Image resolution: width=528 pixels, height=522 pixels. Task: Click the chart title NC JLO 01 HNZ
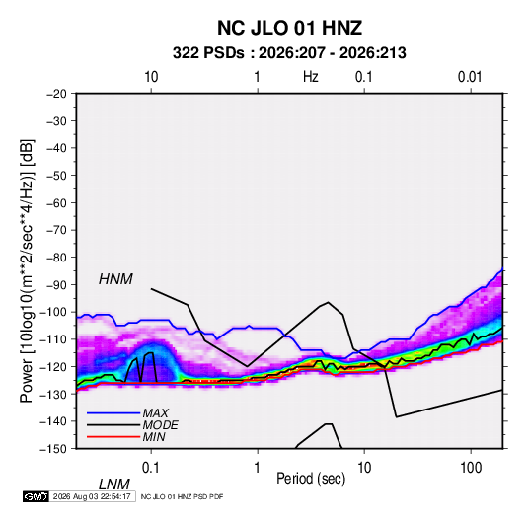coord(289,28)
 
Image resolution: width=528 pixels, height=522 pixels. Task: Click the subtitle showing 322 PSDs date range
coord(289,53)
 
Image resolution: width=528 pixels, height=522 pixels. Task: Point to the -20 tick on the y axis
coord(56,94)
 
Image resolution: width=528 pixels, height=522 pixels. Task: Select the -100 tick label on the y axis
coord(53,312)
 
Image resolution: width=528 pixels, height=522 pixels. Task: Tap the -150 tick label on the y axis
coord(53,449)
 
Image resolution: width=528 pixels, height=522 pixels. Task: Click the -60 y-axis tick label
coord(56,202)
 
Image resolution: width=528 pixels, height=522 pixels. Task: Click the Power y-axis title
coord(27,271)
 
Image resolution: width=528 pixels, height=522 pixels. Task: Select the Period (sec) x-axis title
coord(311,479)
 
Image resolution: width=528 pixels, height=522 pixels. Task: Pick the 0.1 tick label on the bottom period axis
coord(151,468)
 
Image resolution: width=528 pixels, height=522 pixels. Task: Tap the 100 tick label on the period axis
coord(471,468)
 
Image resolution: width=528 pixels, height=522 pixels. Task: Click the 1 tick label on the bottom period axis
coord(257,468)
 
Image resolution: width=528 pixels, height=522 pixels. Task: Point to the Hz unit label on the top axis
coord(311,77)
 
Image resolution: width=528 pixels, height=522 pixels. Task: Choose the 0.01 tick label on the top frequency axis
coord(470,77)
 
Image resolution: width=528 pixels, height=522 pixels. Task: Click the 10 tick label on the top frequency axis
coord(151,77)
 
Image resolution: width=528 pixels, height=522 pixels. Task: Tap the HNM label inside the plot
coord(115,279)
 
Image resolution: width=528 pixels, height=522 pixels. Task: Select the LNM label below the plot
coord(114,485)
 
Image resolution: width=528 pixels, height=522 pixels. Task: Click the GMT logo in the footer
coord(37,496)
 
